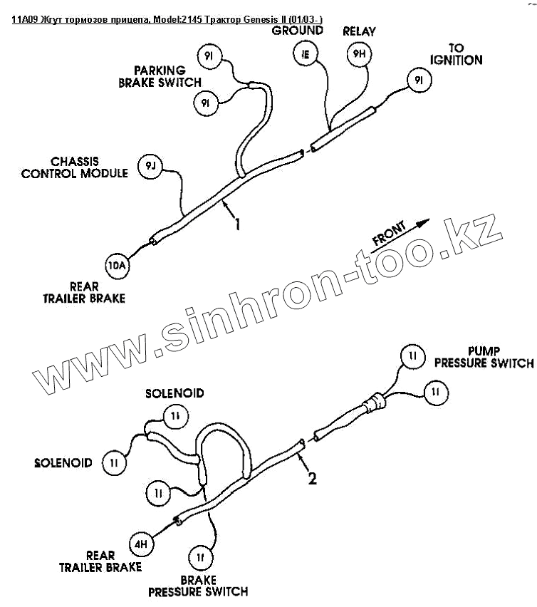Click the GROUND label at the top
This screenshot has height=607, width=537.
pyautogui.click(x=297, y=31)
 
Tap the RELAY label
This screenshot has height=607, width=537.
pyautogui.click(x=360, y=31)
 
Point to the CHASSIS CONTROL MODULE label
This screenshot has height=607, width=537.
pyautogui.click(x=75, y=167)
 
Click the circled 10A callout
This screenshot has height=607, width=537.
pyautogui.click(x=117, y=266)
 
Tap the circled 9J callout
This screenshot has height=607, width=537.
pyautogui.click(x=150, y=165)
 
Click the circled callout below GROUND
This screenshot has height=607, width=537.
pyautogui.click(x=305, y=53)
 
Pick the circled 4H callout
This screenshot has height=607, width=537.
pyautogui.click(x=141, y=544)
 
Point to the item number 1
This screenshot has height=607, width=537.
pyautogui.click(x=237, y=224)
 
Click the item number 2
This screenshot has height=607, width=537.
pyautogui.click(x=312, y=479)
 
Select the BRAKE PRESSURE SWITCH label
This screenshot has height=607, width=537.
pyautogui.click(x=198, y=585)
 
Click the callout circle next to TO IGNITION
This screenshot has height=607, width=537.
pyautogui.click(x=418, y=81)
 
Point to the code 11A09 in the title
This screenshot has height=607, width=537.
pyautogui.click(x=26, y=19)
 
